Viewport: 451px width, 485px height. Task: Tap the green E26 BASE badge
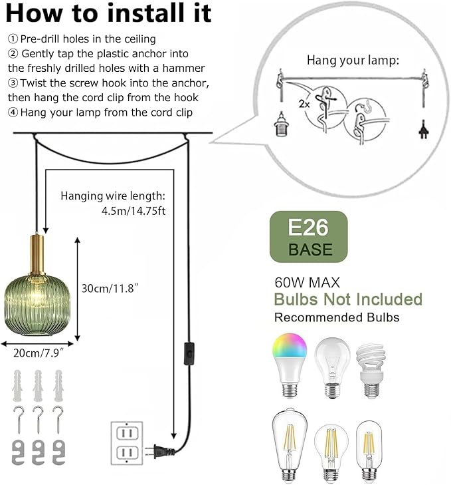(309, 237)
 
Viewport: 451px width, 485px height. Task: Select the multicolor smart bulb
(290, 365)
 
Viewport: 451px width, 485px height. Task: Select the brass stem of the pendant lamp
(37, 255)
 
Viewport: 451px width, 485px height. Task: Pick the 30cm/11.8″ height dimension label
(110, 288)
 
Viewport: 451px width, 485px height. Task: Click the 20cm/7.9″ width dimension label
(39, 353)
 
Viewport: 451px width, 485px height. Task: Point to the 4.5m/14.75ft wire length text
(134, 211)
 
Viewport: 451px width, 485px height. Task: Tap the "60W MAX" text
(307, 282)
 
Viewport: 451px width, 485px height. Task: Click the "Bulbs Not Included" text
(348, 299)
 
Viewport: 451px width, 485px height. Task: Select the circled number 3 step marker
(13, 83)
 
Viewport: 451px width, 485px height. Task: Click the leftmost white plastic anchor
(18, 385)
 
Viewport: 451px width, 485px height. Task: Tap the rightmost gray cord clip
(58, 452)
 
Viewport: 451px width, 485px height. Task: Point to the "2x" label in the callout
(304, 104)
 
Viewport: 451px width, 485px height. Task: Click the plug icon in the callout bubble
(424, 130)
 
